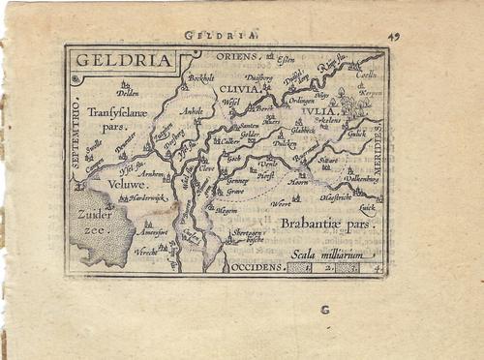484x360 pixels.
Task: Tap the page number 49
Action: (x=394, y=37)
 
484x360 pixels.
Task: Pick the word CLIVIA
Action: (x=253, y=88)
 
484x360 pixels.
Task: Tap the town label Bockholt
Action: (x=200, y=77)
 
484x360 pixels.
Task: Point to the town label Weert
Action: (x=283, y=204)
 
